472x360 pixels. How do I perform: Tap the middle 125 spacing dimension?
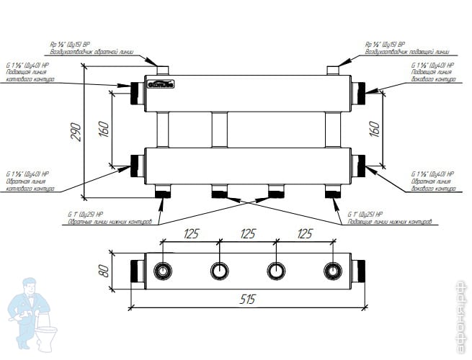point(247,234)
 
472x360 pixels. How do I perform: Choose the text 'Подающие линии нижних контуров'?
point(389,222)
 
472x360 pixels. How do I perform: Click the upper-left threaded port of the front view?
point(136,93)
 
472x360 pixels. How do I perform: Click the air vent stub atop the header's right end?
point(334,71)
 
